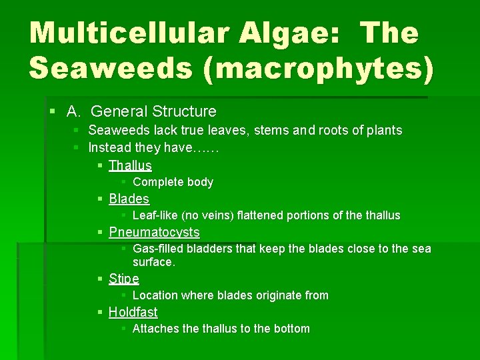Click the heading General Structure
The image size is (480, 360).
[153, 111]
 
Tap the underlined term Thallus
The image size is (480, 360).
[130, 165]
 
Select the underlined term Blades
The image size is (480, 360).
[129, 199]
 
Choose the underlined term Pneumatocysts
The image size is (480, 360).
[154, 232]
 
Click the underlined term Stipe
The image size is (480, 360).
[124, 279]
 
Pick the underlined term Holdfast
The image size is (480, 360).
[133, 312]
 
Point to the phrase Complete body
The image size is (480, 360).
[173, 182]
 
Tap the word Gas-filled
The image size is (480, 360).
[159, 249]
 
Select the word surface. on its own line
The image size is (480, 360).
[153, 262]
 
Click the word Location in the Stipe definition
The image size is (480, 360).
[155, 295]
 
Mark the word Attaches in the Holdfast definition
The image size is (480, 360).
[156, 329]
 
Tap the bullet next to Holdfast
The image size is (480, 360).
[100, 312]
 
